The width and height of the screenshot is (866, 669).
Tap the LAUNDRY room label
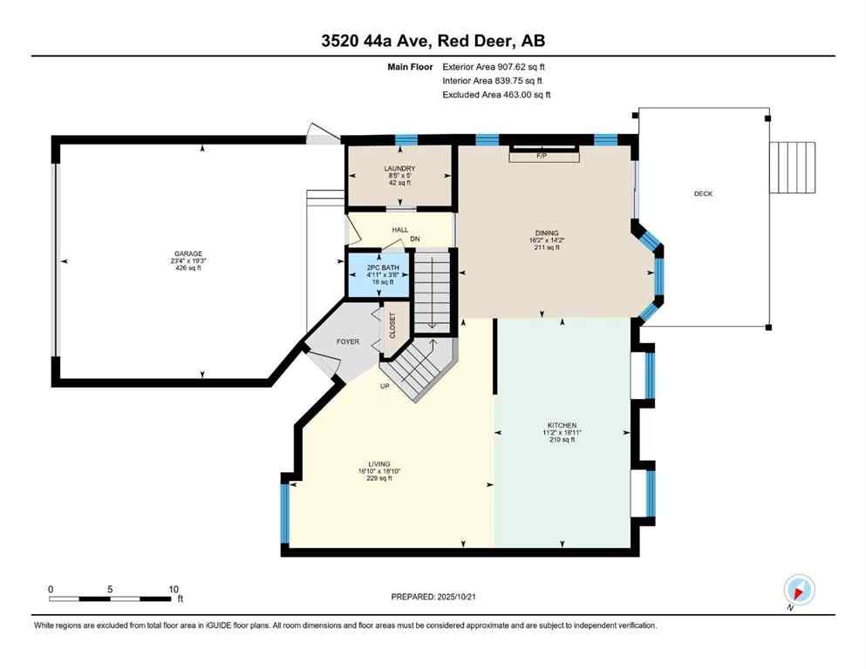click(399, 168)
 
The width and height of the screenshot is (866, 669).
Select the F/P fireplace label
click(541, 155)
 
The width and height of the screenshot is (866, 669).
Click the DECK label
click(703, 193)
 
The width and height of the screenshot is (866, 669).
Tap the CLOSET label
click(392, 326)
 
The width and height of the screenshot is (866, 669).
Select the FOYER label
click(348, 341)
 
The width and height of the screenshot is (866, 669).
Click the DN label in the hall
click(416, 239)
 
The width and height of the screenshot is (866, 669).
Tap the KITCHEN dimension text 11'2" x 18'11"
click(558, 432)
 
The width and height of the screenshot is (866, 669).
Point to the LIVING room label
click(378, 463)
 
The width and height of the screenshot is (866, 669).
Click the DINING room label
click(547, 233)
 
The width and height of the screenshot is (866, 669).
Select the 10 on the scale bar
click(173, 589)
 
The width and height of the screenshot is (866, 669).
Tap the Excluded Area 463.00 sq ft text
click(496, 94)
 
